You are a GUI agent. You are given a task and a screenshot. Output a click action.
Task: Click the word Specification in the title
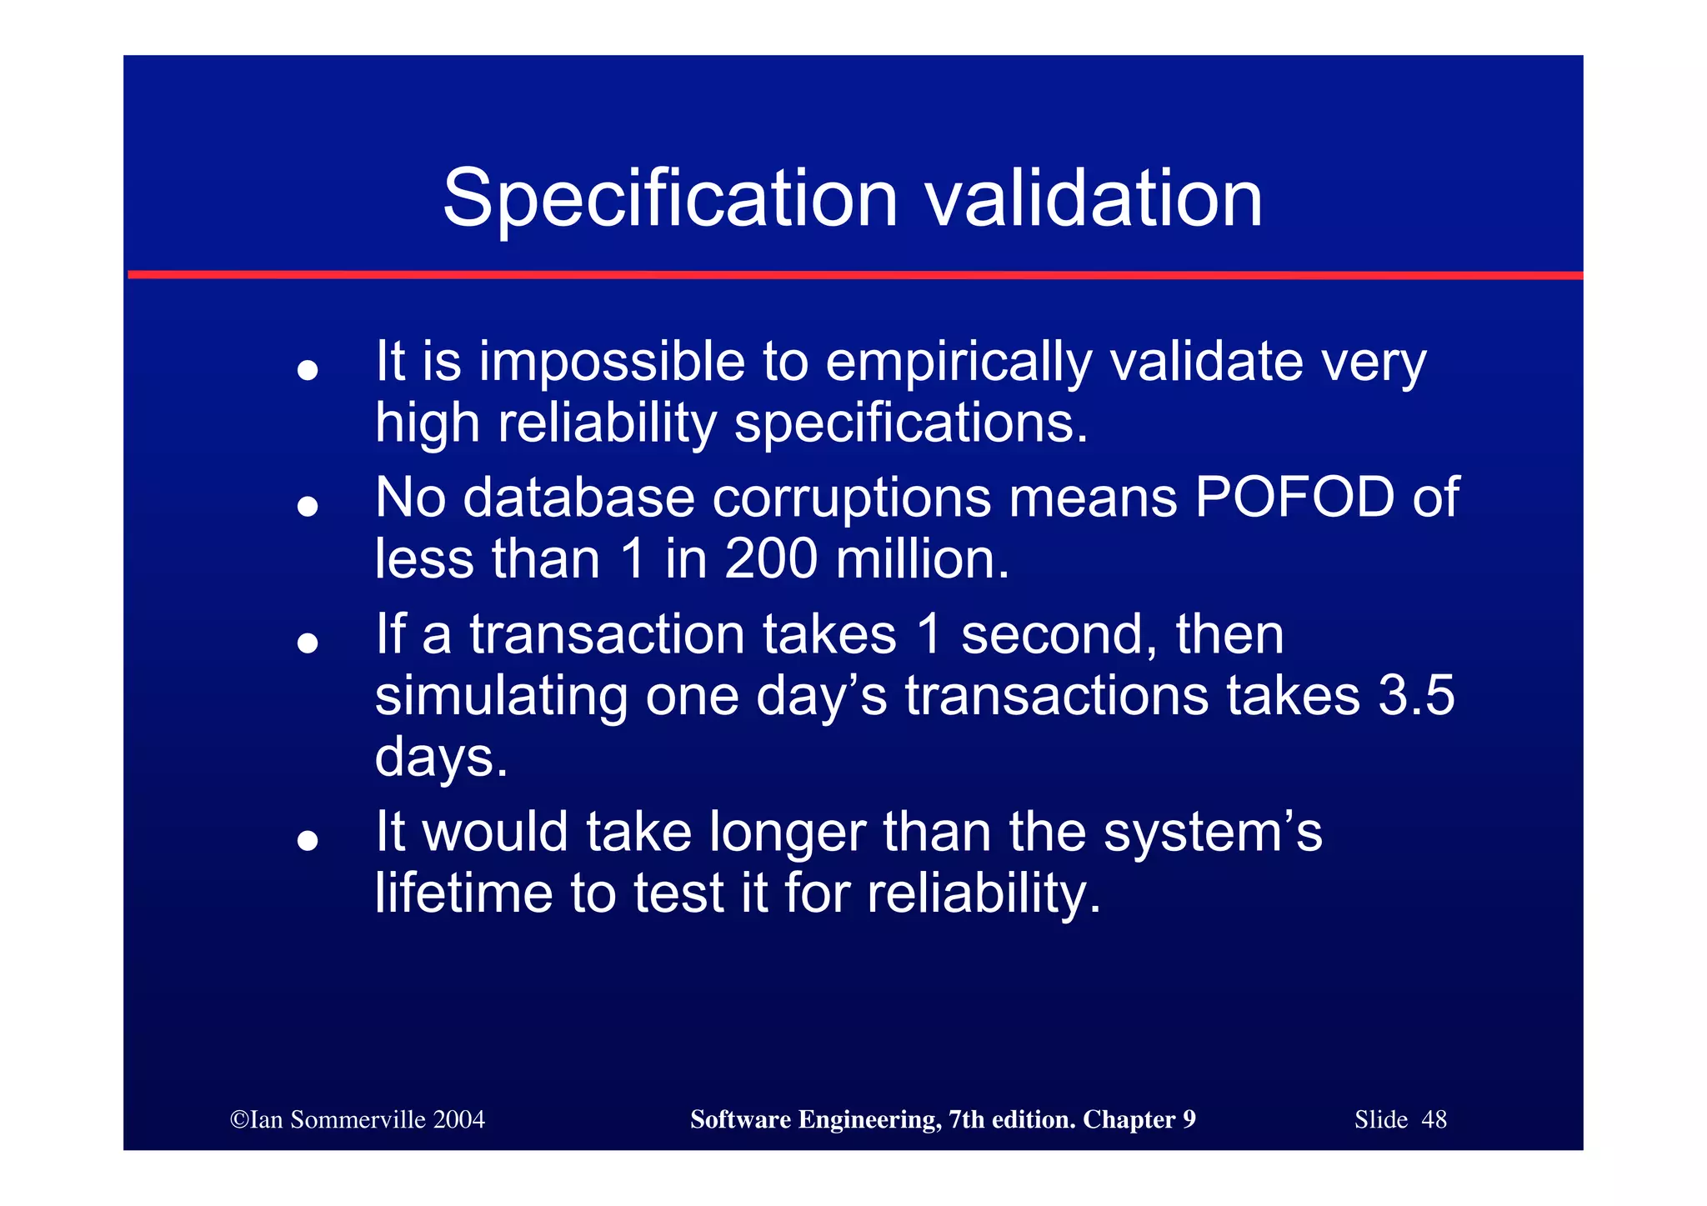coord(669,199)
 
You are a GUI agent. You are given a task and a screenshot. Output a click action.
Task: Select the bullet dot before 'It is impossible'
coord(308,369)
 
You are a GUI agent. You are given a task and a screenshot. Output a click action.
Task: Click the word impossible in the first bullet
coord(612,363)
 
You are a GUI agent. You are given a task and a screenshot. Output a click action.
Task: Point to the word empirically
coord(958,364)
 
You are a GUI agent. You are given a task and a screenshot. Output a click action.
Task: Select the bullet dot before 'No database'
coord(308,505)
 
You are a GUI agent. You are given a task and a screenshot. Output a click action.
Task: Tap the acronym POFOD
coord(1294,498)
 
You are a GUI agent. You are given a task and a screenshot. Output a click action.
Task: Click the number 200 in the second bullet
coord(771,558)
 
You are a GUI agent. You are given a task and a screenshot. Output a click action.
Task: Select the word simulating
coord(501,697)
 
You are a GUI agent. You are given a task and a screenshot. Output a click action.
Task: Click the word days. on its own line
coord(441,758)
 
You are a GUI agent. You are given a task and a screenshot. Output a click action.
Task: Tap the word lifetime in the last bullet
coord(463,893)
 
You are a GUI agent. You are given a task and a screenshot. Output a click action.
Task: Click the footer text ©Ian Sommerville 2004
coord(358,1119)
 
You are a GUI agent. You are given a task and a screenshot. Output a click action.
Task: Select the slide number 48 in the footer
coord(1434,1119)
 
